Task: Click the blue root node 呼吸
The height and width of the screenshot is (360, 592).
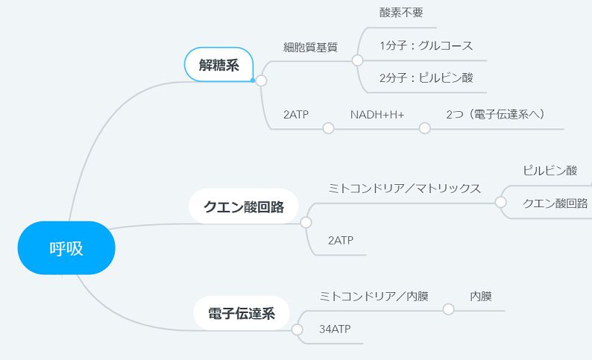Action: pos(66,248)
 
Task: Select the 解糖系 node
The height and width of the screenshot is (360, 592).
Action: pos(218,65)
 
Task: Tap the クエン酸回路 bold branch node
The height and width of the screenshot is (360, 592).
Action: pos(244,206)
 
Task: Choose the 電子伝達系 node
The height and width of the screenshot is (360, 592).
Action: pos(242,313)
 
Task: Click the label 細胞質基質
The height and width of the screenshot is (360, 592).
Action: pos(310,47)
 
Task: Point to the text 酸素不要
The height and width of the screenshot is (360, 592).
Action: pos(401,13)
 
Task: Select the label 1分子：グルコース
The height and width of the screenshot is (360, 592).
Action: pos(426,45)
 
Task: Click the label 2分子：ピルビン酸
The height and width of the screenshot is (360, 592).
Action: pos(426,78)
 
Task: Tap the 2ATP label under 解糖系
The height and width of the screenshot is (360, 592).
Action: pos(296,114)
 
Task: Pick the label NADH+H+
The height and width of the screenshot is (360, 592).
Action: pos(377,114)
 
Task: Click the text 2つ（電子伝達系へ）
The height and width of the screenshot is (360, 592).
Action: pos(495,114)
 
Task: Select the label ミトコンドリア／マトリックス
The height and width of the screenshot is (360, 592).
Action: pos(404,188)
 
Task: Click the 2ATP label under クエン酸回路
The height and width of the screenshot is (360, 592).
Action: pos(341,241)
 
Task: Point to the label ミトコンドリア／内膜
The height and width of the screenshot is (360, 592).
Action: pos(374,296)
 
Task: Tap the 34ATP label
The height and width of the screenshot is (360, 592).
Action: pos(335,329)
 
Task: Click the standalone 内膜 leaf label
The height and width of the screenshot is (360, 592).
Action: pos(481,296)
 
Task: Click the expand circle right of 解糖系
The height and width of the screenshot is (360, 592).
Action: pos(261,80)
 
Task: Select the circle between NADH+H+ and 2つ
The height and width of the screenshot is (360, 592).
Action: pos(425,128)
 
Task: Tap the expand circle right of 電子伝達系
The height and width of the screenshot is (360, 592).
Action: pos(297,329)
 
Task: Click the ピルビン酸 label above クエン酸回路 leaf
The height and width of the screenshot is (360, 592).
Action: pos(550,171)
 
